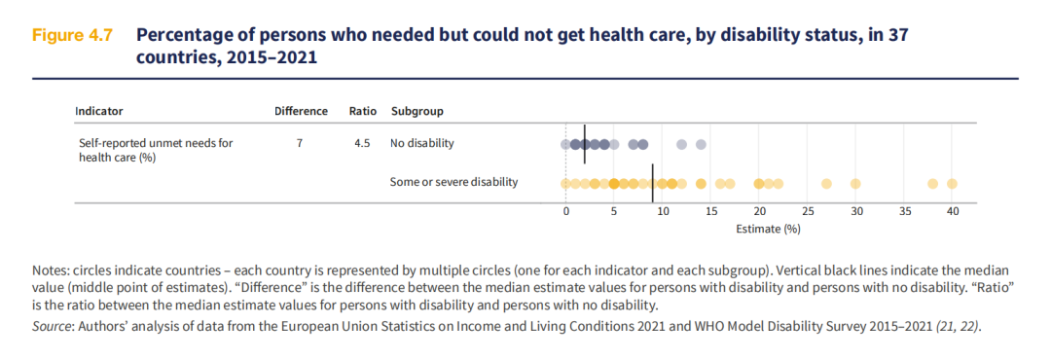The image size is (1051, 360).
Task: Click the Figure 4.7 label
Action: point(71,36)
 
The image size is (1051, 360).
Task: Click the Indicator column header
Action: point(98,111)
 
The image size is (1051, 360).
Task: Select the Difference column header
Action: point(301,111)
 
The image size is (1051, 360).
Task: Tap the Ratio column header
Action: point(363,111)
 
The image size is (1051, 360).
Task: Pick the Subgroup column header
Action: point(417,111)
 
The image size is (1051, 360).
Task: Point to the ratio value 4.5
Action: point(363,143)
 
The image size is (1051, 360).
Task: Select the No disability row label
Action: point(422,143)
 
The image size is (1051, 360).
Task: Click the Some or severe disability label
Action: point(453,182)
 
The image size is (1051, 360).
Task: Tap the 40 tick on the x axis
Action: point(952,212)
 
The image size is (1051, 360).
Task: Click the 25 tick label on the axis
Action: point(807,212)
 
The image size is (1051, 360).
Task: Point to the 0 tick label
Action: point(565,212)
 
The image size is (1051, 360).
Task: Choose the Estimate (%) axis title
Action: point(768,229)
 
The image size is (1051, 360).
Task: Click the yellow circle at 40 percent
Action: point(952,184)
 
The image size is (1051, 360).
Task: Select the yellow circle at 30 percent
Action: point(855,184)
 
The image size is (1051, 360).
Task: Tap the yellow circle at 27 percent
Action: point(826,184)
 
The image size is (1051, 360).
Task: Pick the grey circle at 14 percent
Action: point(701,144)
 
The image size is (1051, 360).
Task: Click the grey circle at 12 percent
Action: point(681,144)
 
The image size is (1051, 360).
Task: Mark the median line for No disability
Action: point(585,144)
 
